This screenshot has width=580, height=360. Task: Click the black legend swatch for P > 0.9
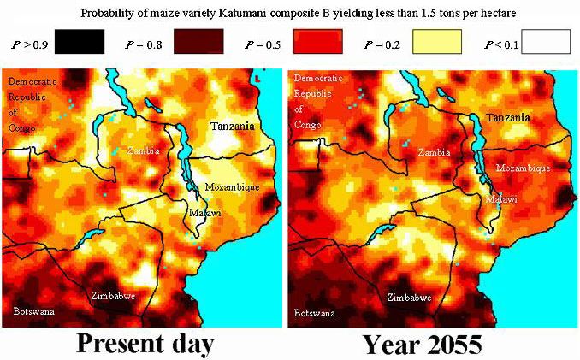(x=78, y=41)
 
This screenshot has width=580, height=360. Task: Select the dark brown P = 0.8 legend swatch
(x=198, y=41)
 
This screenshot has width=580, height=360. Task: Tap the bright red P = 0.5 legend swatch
(x=317, y=41)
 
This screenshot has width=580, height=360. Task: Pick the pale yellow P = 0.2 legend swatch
(x=437, y=41)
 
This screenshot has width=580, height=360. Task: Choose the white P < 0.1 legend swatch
(x=547, y=41)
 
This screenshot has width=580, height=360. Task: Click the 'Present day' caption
(x=144, y=343)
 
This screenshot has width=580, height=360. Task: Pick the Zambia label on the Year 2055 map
(x=435, y=152)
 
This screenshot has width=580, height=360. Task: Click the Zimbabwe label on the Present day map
(x=115, y=296)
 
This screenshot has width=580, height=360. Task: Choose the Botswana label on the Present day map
(x=34, y=311)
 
